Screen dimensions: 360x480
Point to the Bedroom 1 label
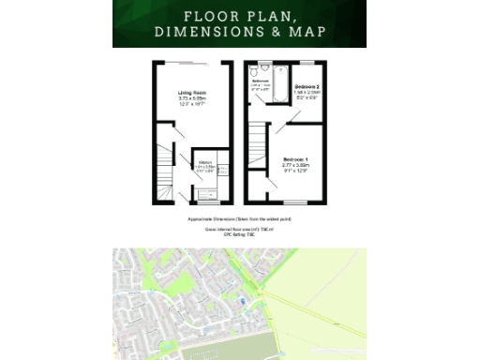[295, 159]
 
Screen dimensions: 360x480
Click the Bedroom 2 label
[308, 86]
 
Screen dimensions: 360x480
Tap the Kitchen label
[203, 162]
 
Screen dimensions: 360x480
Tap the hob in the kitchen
[221, 172]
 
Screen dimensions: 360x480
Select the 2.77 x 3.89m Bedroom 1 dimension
[295, 166]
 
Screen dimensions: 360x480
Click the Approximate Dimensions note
[239, 217]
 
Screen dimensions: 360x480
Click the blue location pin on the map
[242, 300]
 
